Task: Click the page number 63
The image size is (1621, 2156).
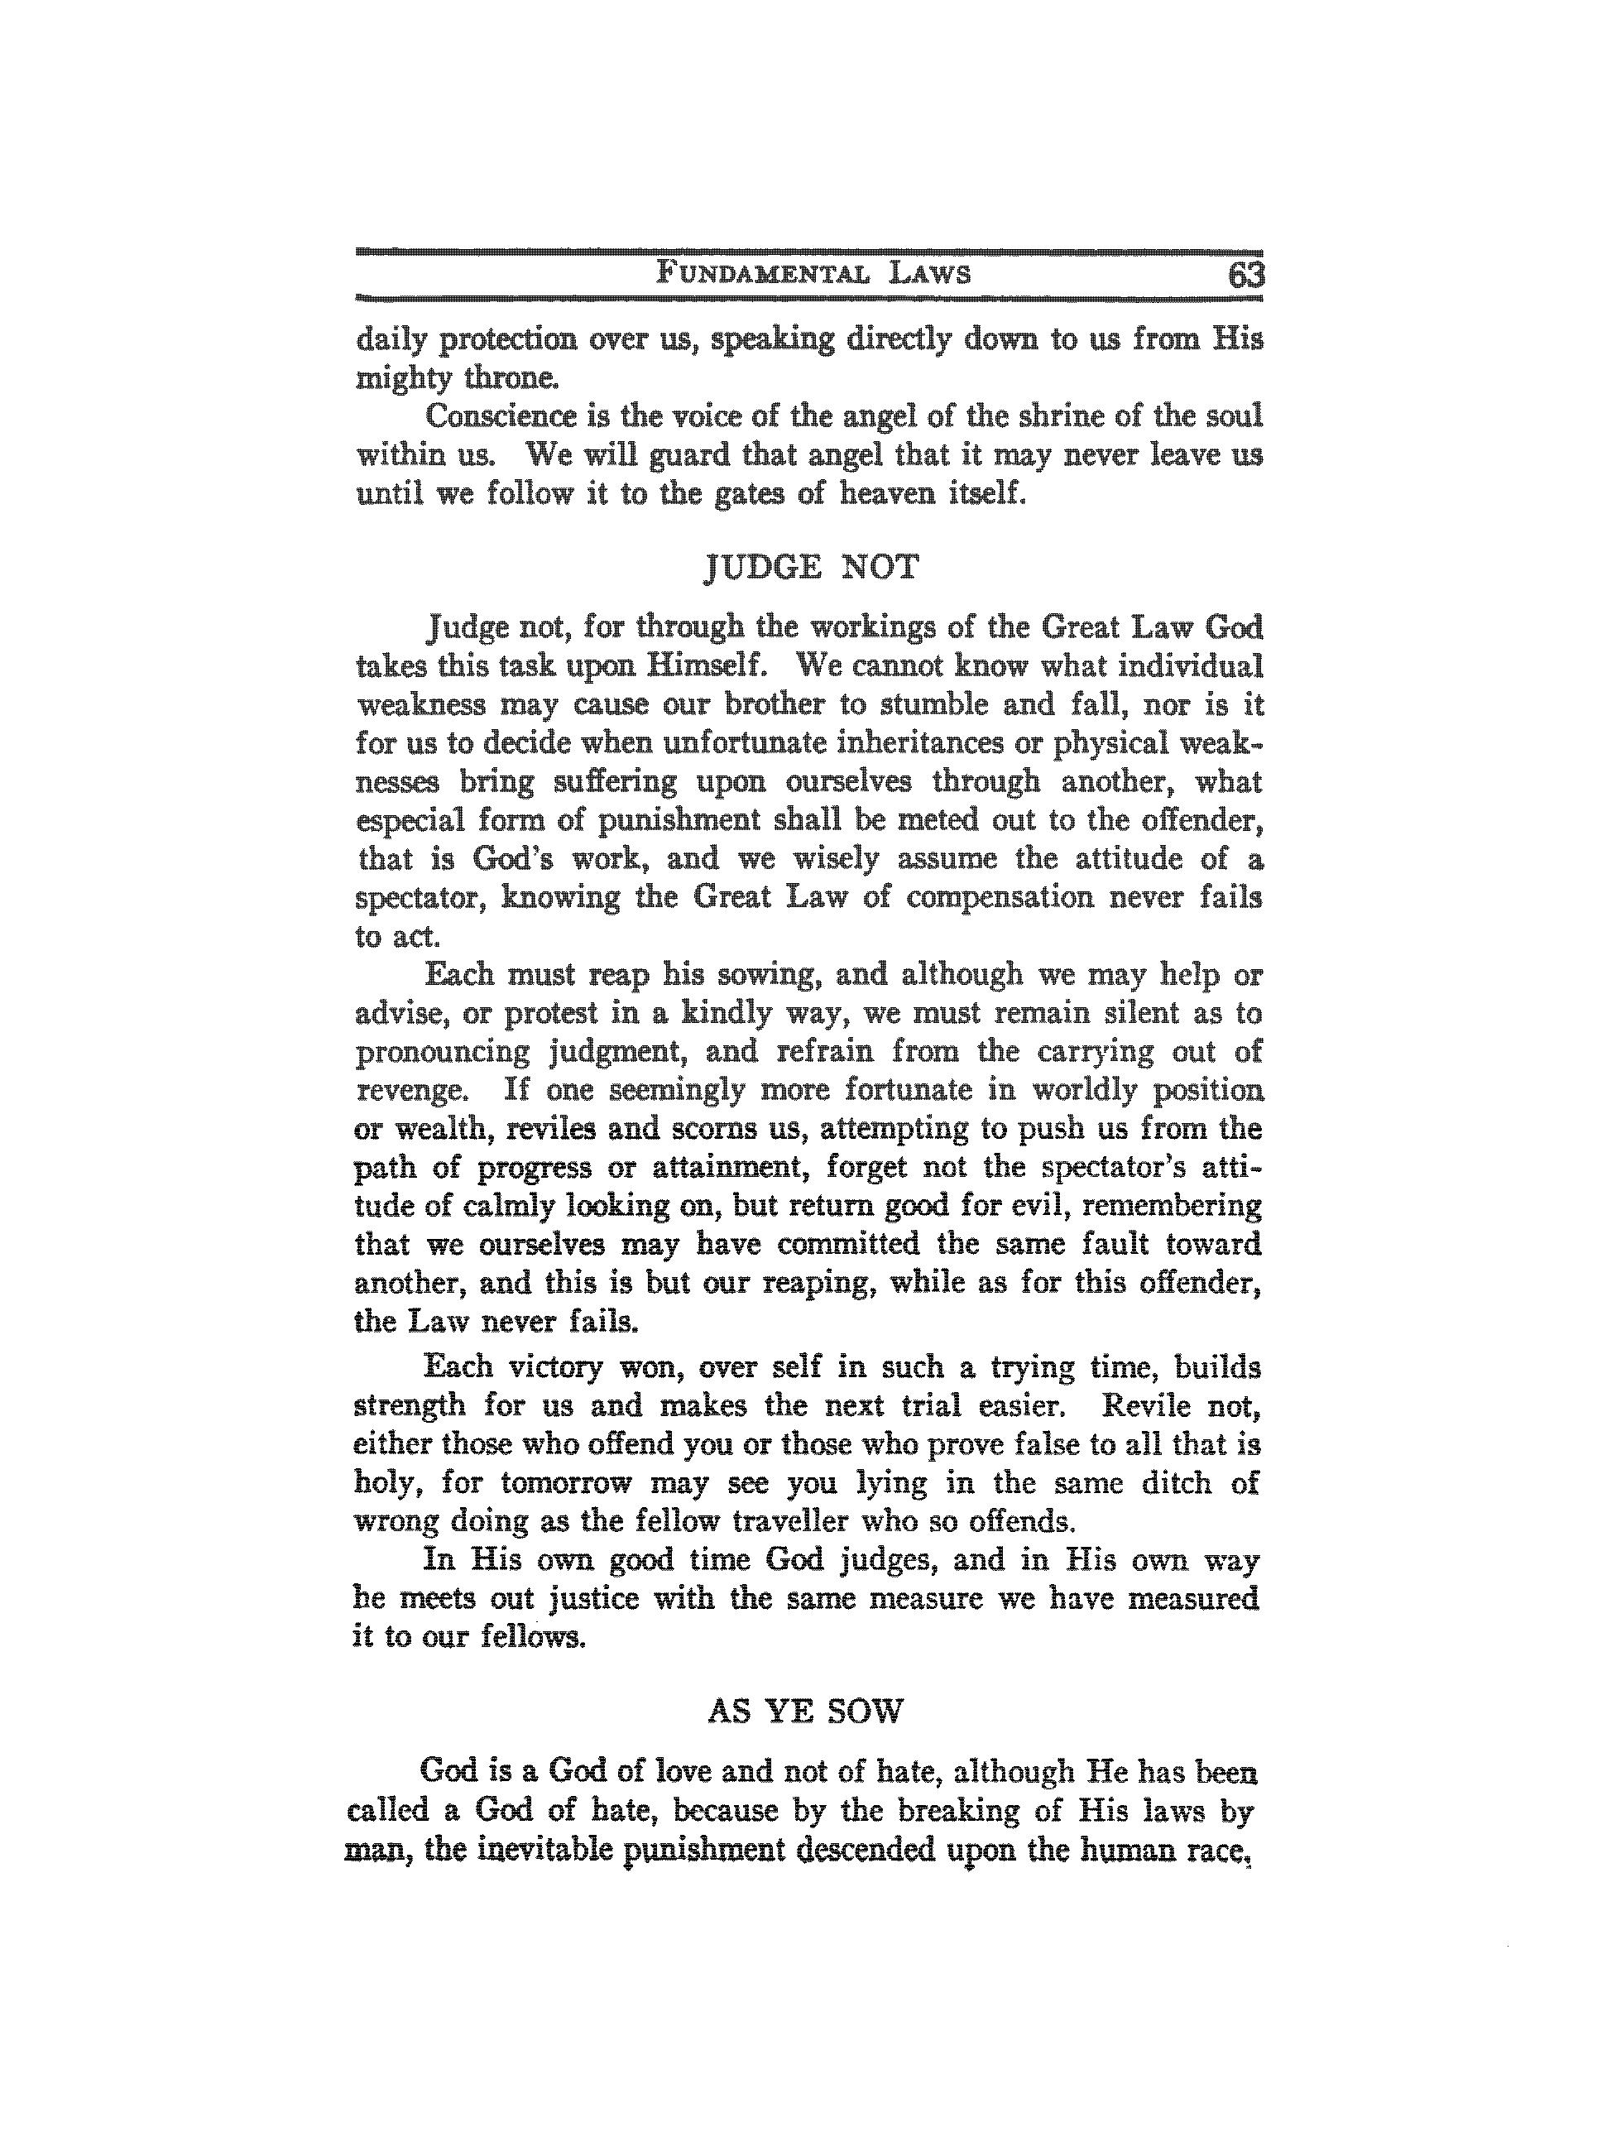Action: (1245, 275)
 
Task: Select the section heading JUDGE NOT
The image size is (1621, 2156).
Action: (810, 566)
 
